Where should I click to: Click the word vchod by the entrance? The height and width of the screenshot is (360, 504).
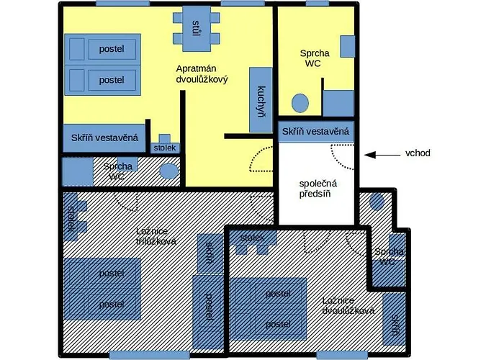pos(418,153)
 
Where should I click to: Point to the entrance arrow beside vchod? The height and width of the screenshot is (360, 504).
pos(382,155)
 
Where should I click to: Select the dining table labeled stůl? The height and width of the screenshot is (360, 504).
pos(197,29)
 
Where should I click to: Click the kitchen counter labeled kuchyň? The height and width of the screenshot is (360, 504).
pos(261,99)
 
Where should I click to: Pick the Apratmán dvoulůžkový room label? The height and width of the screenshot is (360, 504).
pos(202,74)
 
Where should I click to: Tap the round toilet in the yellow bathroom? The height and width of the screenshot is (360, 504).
pos(300,103)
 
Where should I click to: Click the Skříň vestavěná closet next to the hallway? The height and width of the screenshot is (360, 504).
pos(315,132)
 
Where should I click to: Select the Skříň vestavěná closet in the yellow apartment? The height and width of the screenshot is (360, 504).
pos(104,138)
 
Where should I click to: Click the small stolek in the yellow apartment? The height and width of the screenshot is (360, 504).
pos(165,144)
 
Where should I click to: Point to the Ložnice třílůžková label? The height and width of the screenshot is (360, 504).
pos(156,236)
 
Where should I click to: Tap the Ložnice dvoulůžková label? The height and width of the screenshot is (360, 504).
pos(348,305)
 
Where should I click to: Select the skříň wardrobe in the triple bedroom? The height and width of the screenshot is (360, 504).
pos(210,253)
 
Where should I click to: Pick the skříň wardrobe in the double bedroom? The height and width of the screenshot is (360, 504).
pos(395,320)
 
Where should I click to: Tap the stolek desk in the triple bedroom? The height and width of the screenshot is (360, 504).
pos(73,217)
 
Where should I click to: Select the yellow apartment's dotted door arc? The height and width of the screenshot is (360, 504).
pos(260,160)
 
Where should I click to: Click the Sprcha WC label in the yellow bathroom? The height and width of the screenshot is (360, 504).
pos(315,58)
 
